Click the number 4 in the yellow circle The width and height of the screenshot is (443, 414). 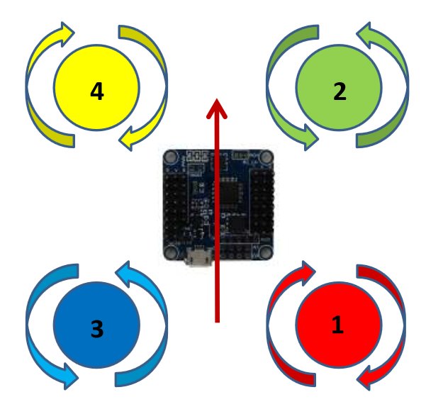[97, 91]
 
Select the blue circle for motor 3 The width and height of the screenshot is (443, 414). [96, 328]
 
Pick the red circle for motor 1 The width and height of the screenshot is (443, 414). [339, 325]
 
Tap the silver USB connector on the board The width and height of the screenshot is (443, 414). [198, 259]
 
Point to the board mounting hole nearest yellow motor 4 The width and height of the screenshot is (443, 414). [171, 159]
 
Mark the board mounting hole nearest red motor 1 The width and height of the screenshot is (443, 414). [264, 251]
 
